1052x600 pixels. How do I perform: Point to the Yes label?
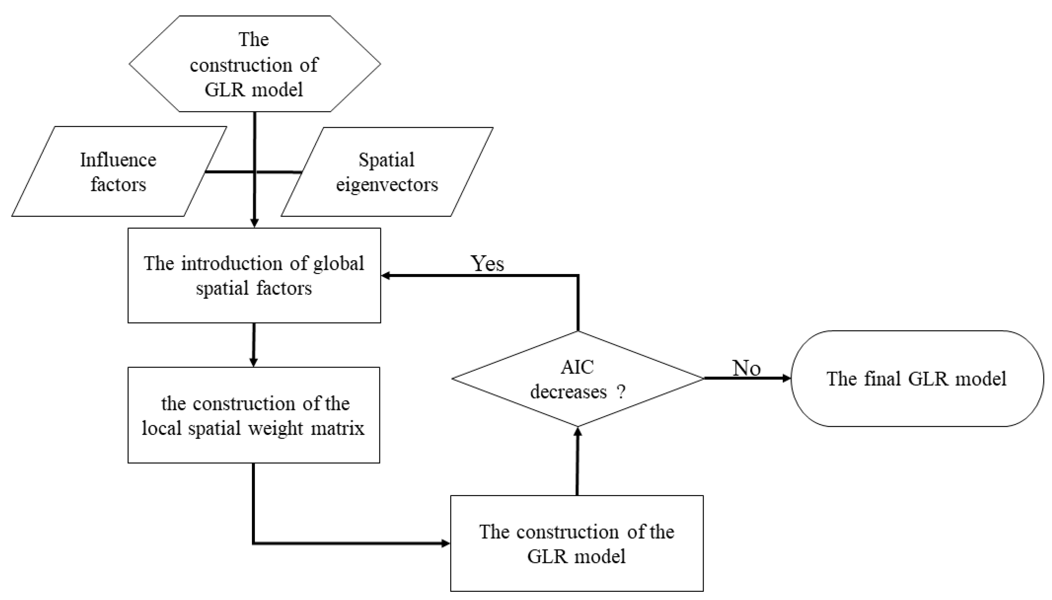tap(487, 263)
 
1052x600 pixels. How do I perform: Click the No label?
tap(746, 368)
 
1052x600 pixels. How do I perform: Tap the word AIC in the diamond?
tap(577, 367)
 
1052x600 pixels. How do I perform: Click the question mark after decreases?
tap(621, 392)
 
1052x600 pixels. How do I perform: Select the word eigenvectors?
tap(387, 185)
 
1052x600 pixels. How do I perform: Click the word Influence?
tap(118, 160)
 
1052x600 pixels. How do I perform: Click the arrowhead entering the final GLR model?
tap(786, 378)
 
